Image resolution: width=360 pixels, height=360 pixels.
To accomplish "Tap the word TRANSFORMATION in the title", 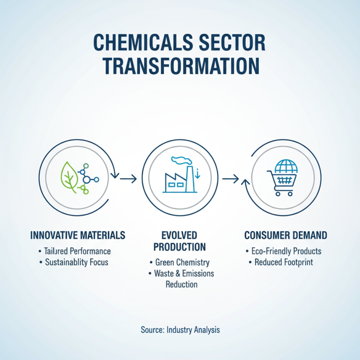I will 180,66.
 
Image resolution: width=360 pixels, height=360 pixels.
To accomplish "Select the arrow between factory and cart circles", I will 230,179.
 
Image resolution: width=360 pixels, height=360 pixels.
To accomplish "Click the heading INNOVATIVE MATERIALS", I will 77,235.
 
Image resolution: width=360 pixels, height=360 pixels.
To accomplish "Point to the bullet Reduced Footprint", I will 287,262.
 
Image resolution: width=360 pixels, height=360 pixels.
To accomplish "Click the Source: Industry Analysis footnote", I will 180,330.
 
